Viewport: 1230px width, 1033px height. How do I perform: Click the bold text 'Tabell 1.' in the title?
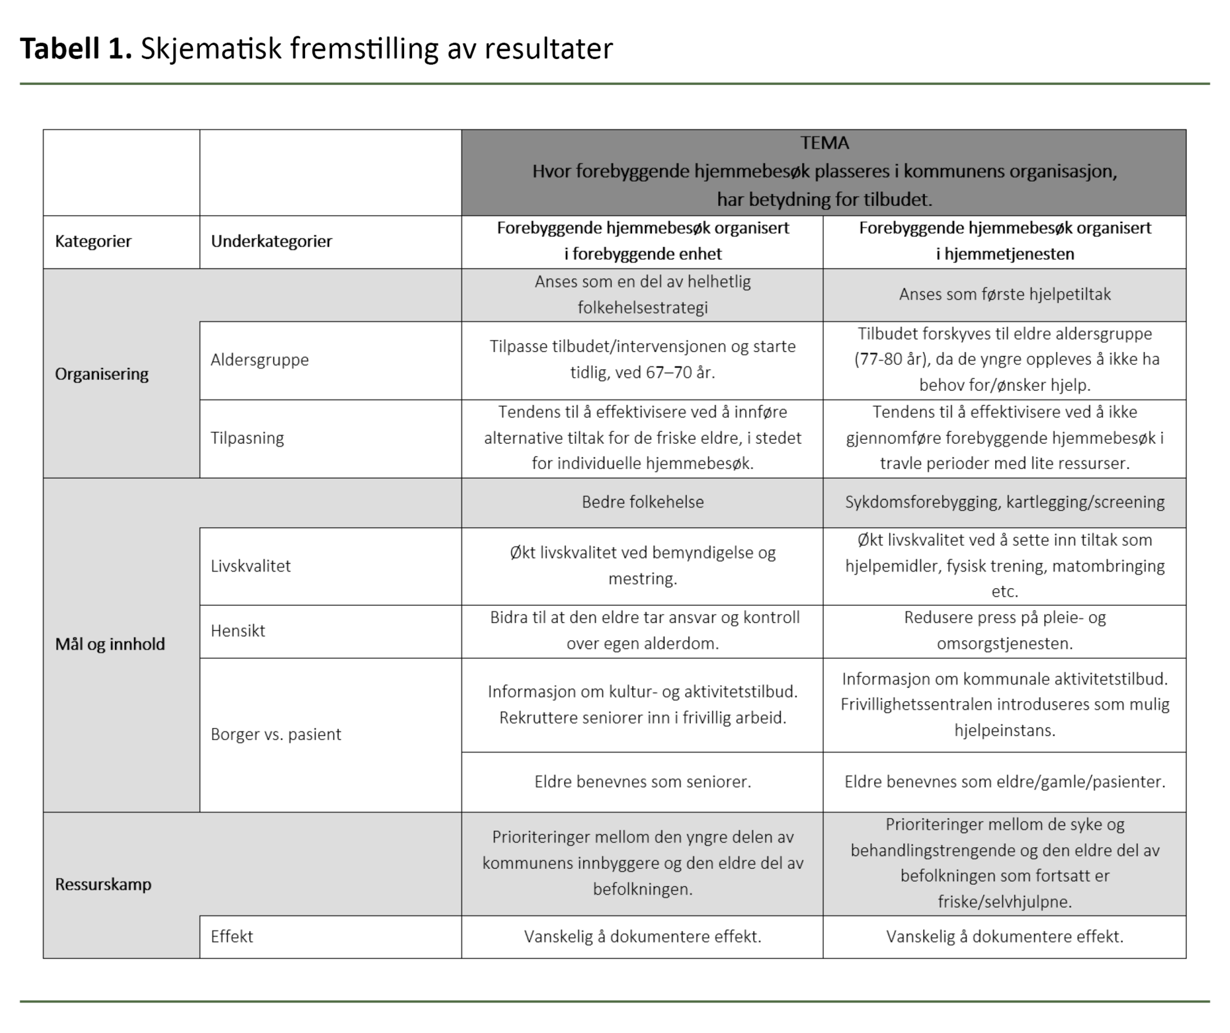click(x=76, y=49)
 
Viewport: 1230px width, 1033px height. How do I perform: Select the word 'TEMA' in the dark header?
click(x=824, y=143)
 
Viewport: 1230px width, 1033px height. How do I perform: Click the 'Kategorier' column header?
click(x=93, y=241)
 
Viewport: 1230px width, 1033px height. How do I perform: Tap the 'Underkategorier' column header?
click(x=271, y=241)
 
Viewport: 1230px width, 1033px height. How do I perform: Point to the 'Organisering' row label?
click(x=101, y=374)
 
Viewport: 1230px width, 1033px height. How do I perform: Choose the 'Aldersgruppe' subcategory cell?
click(x=260, y=359)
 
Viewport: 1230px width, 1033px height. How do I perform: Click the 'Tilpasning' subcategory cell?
click(x=247, y=438)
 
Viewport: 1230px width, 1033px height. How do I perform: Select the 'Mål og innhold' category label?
click(x=110, y=644)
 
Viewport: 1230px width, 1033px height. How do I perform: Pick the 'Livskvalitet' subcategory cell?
click(x=250, y=566)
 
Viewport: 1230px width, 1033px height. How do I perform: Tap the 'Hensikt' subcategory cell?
click(x=237, y=630)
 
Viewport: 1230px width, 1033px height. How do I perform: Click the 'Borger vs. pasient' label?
click(x=276, y=734)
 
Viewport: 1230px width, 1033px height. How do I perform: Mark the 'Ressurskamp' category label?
click(x=103, y=884)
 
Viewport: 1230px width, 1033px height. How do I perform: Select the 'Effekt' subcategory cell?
click(x=232, y=937)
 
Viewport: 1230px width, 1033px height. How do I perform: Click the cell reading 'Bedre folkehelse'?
click(x=643, y=502)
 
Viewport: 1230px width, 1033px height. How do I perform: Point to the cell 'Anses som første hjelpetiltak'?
click(x=1005, y=294)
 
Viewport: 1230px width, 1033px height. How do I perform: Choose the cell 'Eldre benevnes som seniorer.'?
click(x=643, y=782)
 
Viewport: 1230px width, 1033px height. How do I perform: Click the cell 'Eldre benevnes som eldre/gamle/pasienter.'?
click(x=1005, y=782)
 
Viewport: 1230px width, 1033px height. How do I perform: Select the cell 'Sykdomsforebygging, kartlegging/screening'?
click(x=1005, y=502)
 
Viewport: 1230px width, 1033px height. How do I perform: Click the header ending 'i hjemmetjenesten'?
click(x=1005, y=254)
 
